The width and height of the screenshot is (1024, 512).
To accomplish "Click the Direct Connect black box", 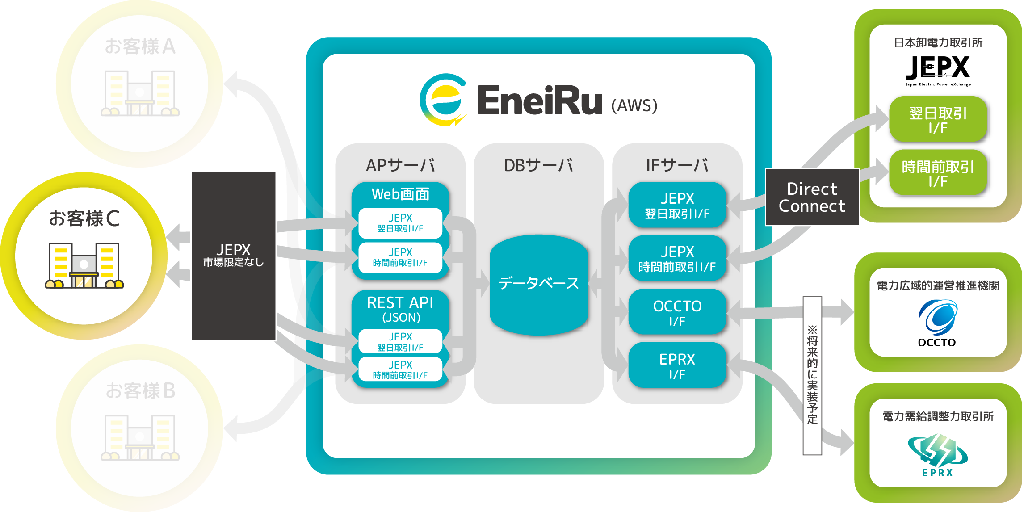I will pos(812,197).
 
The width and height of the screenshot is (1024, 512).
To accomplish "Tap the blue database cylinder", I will pos(538,285).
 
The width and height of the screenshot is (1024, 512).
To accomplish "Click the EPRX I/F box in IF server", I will pos(677,365).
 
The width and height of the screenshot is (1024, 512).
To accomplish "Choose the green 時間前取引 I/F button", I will pos(937,173).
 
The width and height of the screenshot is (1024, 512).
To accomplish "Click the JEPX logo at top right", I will pos(937,70).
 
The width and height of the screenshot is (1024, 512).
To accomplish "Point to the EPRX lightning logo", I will pos(937,450).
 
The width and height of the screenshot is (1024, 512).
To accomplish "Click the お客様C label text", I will pos(84,218).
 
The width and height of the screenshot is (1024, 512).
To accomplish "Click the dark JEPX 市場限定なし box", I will pos(233,256).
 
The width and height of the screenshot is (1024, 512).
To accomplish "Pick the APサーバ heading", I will pos(400,165).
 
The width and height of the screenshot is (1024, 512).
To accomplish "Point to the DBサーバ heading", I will pos(538,165).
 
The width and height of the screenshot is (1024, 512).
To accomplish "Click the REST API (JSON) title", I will pos(400,309).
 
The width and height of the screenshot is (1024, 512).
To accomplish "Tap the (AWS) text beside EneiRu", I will pos(634,105).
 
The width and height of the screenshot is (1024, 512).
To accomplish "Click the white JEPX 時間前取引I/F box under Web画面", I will pos(400,257).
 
